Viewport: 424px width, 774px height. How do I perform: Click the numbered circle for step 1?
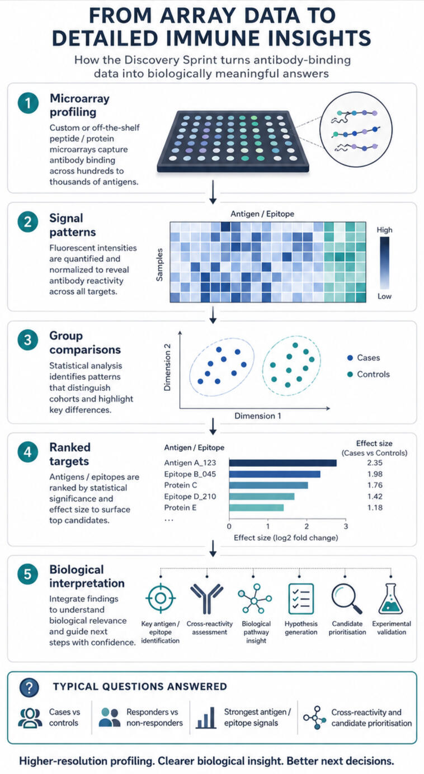[28, 103]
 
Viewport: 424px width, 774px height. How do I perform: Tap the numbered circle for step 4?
[28, 452]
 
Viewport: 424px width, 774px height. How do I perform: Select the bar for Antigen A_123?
[282, 463]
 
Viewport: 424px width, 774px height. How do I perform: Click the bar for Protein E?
[256, 508]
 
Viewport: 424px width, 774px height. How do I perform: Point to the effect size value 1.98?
[375, 474]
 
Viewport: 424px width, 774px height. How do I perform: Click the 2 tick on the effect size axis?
[307, 526]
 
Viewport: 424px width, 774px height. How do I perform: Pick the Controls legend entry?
[369, 374]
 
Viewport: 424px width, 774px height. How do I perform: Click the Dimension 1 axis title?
[258, 416]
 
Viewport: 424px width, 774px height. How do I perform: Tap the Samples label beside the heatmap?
[159, 265]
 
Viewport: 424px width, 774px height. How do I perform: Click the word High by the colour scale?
[385, 230]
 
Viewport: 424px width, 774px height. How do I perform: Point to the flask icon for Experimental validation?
[390, 599]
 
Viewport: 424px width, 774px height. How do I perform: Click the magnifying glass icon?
[347, 599]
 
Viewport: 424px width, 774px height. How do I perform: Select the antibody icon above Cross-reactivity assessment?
[206, 599]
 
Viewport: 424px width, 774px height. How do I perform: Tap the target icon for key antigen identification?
[161, 598]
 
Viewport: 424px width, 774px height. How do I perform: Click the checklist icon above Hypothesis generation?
[301, 599]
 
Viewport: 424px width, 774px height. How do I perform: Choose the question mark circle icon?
[30, 688]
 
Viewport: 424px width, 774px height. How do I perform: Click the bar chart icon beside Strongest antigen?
[206, 718]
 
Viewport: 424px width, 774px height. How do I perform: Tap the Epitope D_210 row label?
[190, 497]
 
